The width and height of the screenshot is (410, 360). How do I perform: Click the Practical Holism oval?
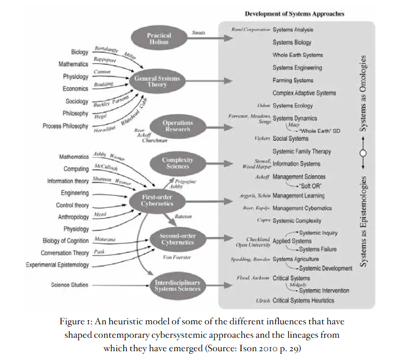pos(159,39)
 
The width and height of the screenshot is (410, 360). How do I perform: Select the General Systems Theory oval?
pos(157,81)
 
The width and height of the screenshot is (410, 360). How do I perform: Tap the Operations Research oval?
pos(178,126)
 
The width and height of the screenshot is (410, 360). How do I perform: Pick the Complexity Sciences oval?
pos(178,163)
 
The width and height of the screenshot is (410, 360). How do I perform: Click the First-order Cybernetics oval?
pos(157,200)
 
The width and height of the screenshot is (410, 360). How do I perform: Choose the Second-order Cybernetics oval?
pos(178,239)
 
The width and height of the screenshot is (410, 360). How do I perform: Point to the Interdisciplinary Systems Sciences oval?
pos(178,286)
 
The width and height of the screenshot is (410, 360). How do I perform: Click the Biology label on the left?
pos(80,52)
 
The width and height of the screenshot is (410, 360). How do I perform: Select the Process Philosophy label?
pos(66,126)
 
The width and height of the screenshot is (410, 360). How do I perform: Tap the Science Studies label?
pos(69,285)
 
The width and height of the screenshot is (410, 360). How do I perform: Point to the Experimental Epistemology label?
pos(57,265)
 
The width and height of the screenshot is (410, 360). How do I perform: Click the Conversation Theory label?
pos(65,253)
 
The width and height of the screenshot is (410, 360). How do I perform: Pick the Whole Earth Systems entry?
pos(298,55)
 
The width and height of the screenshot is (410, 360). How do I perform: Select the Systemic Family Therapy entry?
pos(302,152)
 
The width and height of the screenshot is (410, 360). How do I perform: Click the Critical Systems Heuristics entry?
pos(303,301)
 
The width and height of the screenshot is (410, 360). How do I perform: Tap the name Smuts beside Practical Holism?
pos(198,33)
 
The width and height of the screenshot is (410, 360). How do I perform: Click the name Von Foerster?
pos(177,257)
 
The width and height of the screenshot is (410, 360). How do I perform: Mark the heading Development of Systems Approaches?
pos(295,13)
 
